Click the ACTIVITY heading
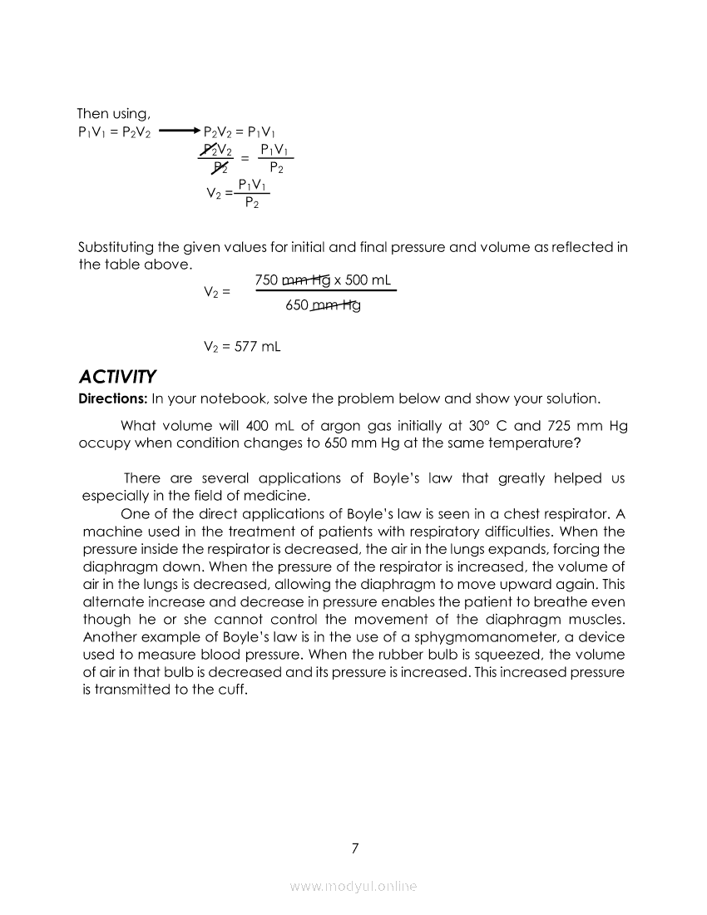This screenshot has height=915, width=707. [x=116, y=376]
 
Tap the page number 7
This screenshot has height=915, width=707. [x=355, y=848]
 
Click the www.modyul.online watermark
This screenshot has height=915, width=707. [x=353, y=887]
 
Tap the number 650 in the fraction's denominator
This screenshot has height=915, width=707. [x=297, y=305]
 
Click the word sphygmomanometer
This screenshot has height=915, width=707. [x=506, y=637]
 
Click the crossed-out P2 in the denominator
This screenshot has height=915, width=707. [x=220, y=168]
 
